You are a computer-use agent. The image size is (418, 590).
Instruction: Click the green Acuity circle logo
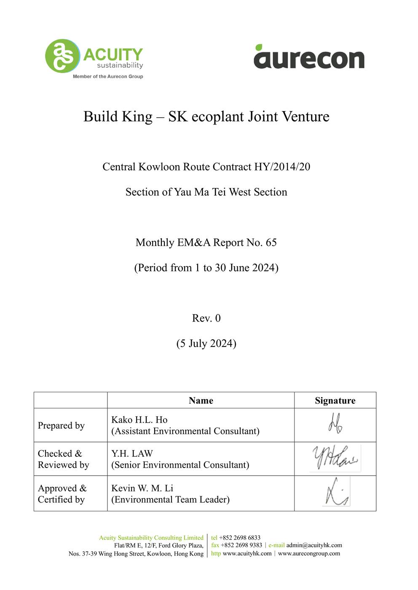(x=62, y=56)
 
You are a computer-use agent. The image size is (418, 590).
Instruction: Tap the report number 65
(x=271, y=243)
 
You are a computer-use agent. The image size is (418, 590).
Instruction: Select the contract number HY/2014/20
(x=282, y=167)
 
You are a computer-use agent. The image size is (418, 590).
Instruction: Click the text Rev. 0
(x=206, y=318)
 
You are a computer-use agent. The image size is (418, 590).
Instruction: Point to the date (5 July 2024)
(x=206, y=344)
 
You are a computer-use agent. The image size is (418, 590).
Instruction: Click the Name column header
(x=201, y=401)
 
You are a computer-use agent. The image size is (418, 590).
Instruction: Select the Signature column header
(x=335, y=401)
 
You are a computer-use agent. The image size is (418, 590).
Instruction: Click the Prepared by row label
(x=61, y=426)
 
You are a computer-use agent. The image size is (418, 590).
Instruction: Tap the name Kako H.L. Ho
(x=139, y=420)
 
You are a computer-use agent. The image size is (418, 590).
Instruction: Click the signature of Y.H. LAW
(x=335, y=458)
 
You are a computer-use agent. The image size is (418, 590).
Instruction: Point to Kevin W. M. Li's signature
(x=336, y=492)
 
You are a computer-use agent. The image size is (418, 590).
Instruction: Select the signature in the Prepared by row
(x=335, y=423)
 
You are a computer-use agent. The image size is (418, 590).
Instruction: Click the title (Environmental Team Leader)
(x=170, y=500)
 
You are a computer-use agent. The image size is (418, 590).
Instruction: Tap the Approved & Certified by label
(x=62, y=494)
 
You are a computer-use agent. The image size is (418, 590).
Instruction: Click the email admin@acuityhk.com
(x=314, y=545)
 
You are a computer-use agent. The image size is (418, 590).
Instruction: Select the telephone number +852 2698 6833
(x=240, y=538)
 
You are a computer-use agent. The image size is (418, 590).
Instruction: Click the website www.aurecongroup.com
(x=309, y=553)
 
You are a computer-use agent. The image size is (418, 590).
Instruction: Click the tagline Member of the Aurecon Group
(x=108, y=77)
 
